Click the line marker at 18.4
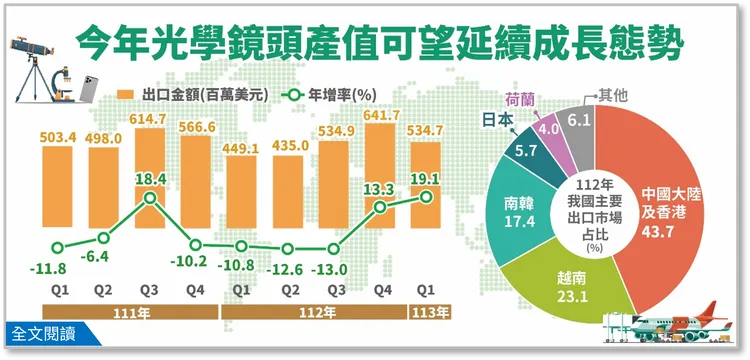[x=150, y=198]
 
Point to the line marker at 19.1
[x=427, y=197]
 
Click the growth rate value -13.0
[x=335, y=268]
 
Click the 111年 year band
[x=127, y=311]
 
